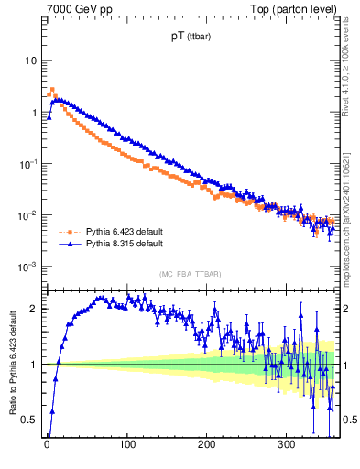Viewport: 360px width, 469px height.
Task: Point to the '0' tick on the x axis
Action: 47,446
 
